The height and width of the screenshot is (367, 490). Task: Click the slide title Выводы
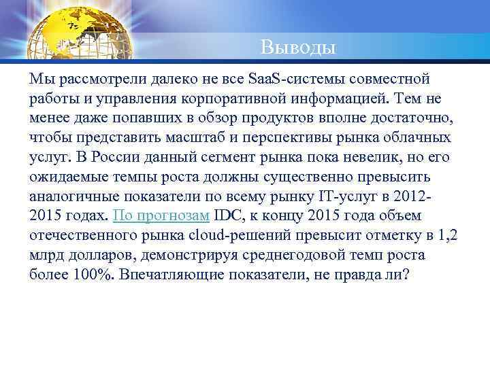click(x=297, y=48)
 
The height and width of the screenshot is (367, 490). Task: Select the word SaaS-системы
click(x=288, y=74)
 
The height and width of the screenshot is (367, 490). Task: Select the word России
click(x=105, y=158)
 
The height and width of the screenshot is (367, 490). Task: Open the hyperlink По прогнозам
click(x=161, y=217)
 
